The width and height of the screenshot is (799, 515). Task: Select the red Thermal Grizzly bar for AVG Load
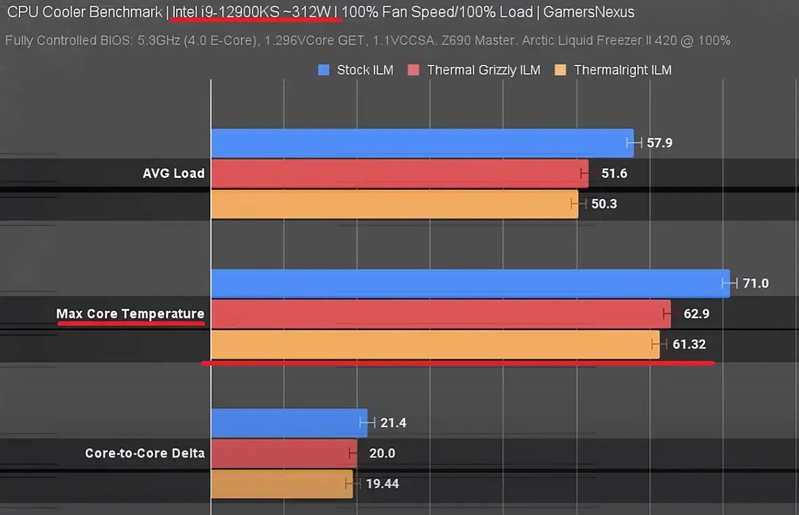point(399,173)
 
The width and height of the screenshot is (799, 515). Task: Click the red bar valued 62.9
point(440,314)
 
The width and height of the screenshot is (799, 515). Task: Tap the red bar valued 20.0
point(284,453)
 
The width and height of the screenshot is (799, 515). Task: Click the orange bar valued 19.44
point(282,484)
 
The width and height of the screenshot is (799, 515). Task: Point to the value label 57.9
point(660,143)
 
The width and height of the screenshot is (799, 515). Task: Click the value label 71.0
point(756,283)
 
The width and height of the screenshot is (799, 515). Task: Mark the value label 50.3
point(604,204)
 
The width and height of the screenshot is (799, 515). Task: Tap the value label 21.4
point(393,423)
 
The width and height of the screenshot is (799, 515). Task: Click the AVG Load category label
point(173,173)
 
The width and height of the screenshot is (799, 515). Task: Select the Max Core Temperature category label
point(130,314)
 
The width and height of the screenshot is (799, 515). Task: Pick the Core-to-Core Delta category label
point(145,453)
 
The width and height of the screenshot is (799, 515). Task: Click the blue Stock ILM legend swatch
point(324,70)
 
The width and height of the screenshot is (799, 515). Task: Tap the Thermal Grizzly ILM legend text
point(483,70)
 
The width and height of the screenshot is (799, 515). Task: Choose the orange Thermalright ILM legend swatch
point(560,70)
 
